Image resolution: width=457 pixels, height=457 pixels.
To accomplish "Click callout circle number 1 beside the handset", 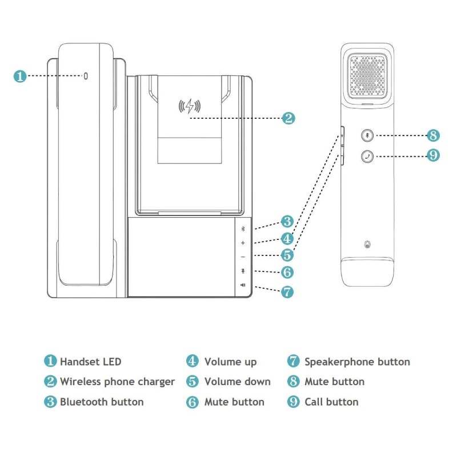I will tap(20, 76).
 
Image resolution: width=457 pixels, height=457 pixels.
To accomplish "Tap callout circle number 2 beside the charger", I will tap(289, 118).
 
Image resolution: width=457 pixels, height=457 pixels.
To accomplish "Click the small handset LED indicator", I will tap(86, 75).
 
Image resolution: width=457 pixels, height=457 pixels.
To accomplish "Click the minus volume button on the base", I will tap(242, 257).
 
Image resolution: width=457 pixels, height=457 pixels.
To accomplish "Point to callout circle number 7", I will tap(287, 292).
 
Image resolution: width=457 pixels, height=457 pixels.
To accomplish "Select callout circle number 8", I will tap(434, 135).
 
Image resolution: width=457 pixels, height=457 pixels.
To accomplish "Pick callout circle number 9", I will tap(434, 155).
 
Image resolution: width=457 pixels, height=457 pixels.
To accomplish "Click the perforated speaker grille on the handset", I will tap(366, 77).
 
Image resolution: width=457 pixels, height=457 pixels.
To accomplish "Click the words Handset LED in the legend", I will tap(91, 362).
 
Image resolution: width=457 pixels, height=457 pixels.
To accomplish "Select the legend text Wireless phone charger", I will tap(117, 382).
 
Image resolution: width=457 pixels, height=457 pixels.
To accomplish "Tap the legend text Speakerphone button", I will tap(357, 362).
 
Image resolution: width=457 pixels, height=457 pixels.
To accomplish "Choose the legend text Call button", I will tap(331, 402).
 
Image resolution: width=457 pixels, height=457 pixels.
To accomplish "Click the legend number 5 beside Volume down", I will tap(193, 382).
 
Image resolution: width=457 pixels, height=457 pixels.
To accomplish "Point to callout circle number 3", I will tap(287, 222).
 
